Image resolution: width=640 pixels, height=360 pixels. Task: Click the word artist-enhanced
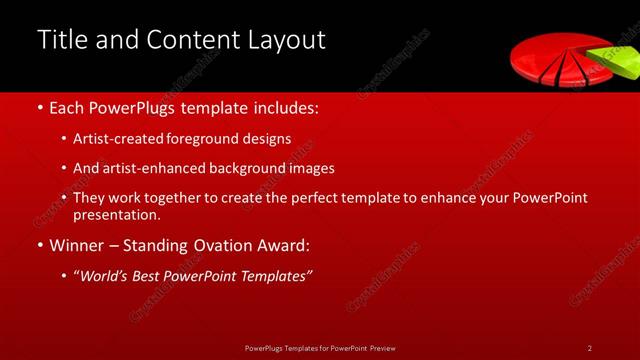click(144, 169)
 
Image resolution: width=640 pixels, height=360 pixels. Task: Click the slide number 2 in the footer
click(590, 348)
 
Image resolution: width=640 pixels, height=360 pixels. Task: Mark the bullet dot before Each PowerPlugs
click(39, 105)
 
